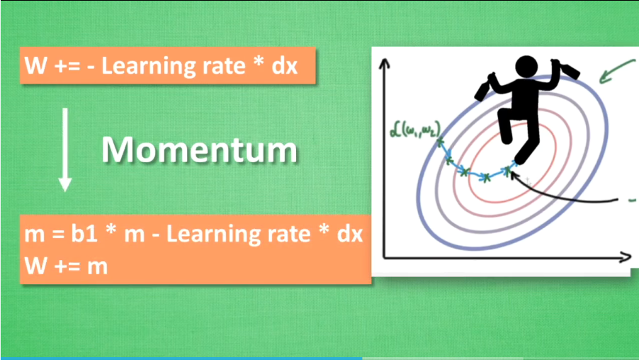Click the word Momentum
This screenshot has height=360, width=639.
pyautogui.click(x=199, y=150)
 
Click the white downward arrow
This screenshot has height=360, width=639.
pyautogui.click(x=65, y=150)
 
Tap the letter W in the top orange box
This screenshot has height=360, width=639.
pyautogui.click(x=36, y=66)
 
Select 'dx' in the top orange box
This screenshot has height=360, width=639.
pyautogui.click(x=285, y=66)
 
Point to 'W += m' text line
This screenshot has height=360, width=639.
pyautogui.click(x=66, y=266)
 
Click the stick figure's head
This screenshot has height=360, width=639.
pyautogui.click(x=526, y=67)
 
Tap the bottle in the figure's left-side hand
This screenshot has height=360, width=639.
pyautogui.click(x=484, y=87)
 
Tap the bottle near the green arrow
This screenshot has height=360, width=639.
pyautogui.click(x=566, y=69)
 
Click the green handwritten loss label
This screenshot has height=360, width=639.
pyautogui.click(x=415, y=130)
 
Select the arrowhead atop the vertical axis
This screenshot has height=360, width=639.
pyautogui.click(x=384, y=63)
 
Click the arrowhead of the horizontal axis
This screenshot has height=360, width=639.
pyautogui.click(x=625, y=257)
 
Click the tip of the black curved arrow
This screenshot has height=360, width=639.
pyautogui.click(x=511, y=172)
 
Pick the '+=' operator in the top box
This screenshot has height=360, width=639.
pyautogui.click(x=67, y=67)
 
